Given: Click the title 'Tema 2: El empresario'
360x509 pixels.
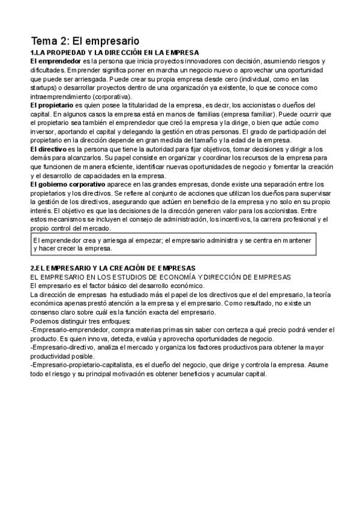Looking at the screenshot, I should point(85,41).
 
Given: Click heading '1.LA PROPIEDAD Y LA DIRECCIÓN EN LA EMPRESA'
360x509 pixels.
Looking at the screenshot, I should point(115,53).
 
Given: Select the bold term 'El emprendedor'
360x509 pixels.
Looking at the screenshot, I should point(56,61).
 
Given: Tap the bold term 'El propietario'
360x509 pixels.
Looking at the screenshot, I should point(52,105).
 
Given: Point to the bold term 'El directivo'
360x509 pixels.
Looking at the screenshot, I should point(49,149).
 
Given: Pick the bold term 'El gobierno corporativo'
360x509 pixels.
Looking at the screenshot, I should point(68,184).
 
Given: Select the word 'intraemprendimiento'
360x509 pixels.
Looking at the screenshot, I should point(62,96).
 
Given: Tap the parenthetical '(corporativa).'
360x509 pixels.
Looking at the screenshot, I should point(113,96).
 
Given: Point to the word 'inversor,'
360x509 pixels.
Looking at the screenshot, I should point(46,131).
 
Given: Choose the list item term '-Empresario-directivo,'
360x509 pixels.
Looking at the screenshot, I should point(64,348).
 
